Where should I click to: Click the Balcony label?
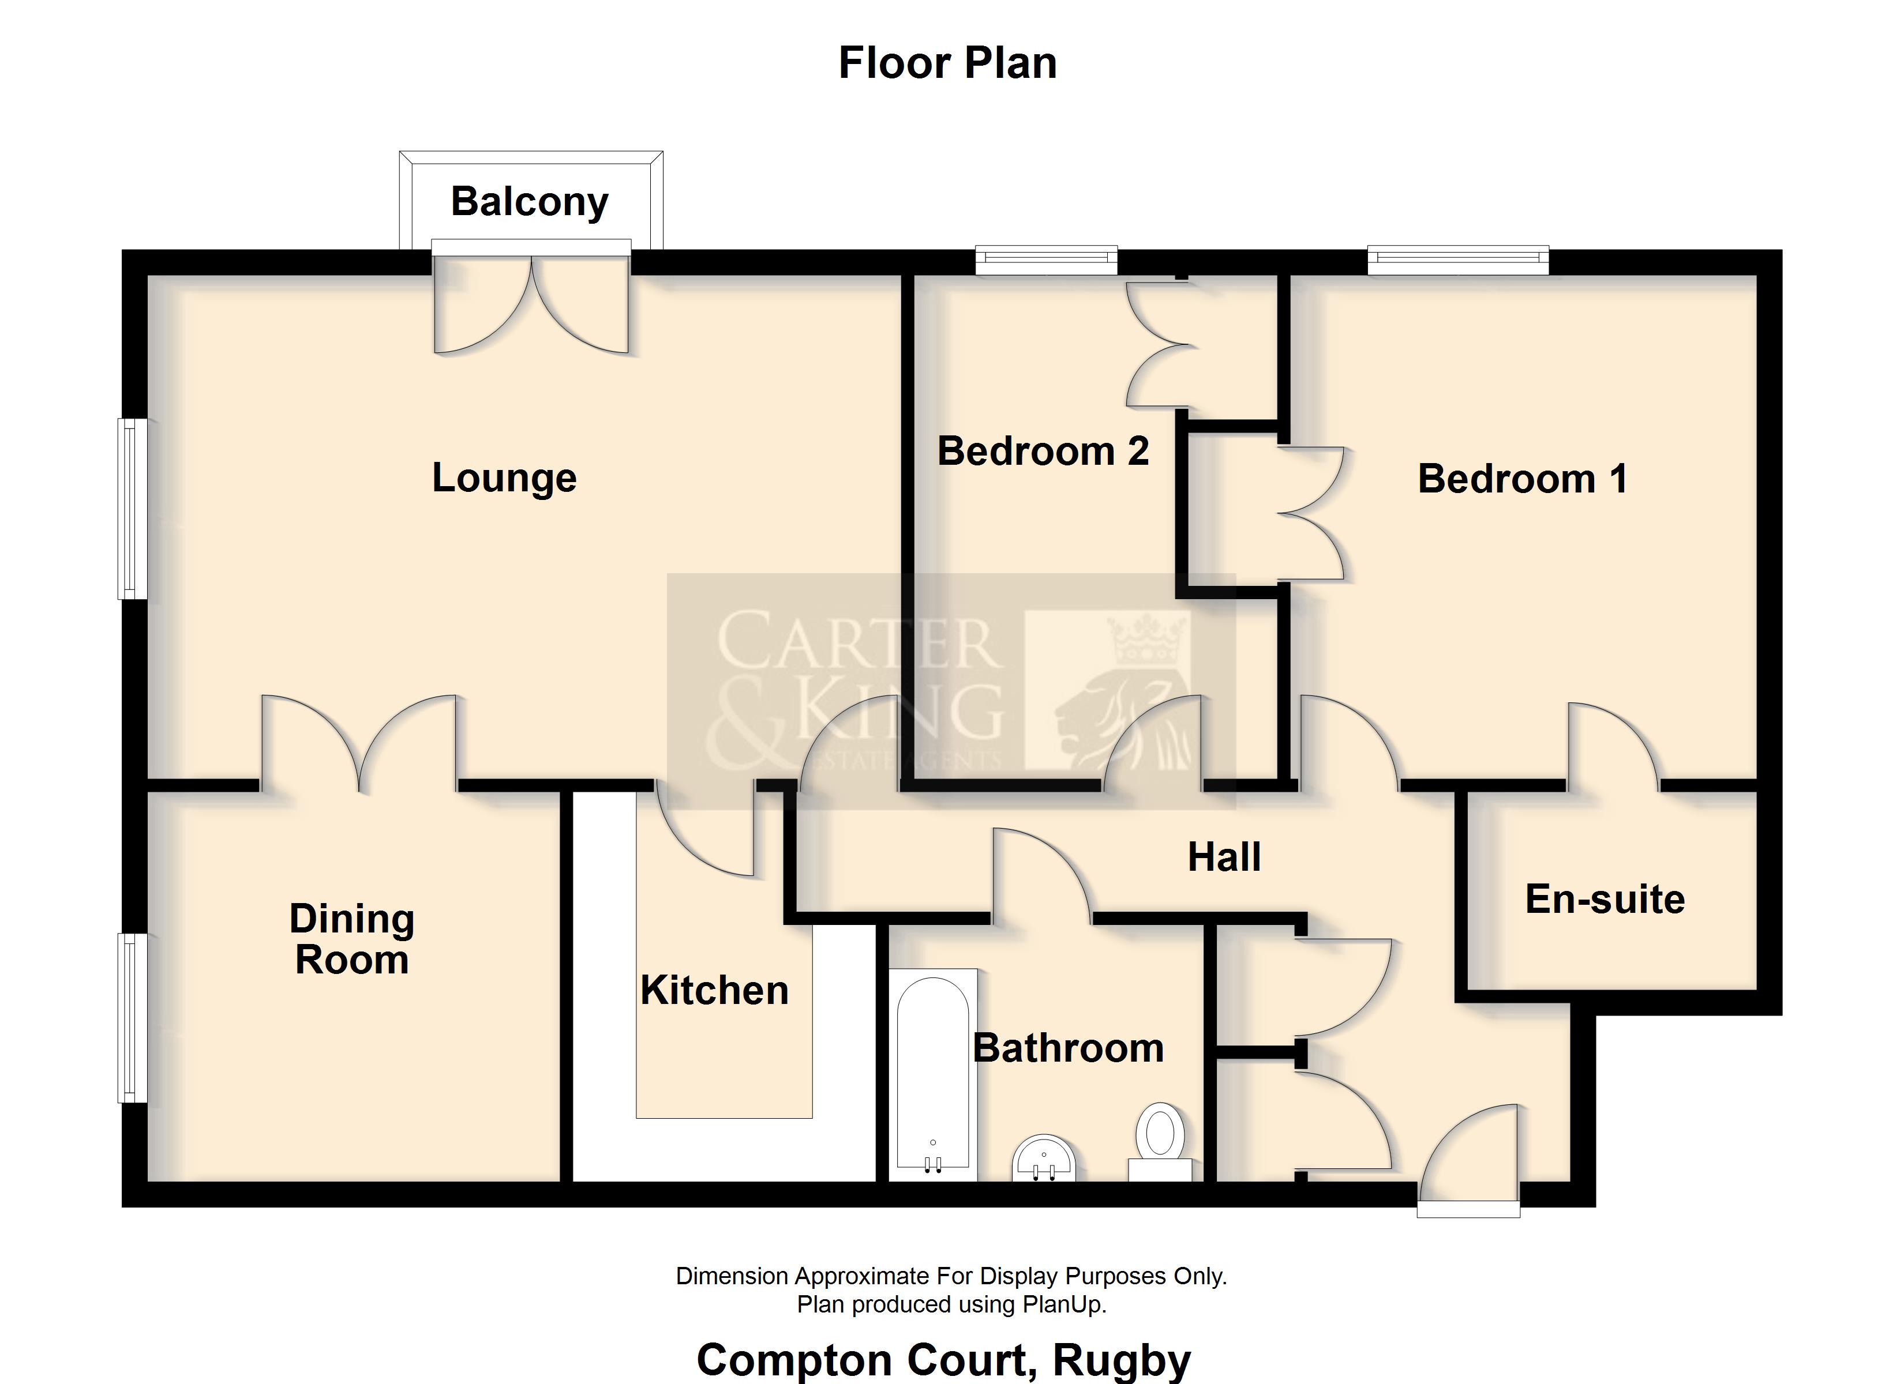530,202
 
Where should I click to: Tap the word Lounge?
504,479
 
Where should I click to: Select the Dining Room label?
352,939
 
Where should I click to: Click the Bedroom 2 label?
1043,452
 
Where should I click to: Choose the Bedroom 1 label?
1523,479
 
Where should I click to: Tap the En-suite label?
1605,899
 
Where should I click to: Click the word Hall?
1224,857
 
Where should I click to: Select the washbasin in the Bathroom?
1044,1159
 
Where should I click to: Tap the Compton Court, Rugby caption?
943,1360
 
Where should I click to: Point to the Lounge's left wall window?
132,509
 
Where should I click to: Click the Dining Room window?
132,1017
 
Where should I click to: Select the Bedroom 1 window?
1458,259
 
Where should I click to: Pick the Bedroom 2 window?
1046,259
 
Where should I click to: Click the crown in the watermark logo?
1148,640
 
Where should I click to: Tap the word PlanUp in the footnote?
1065,1305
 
